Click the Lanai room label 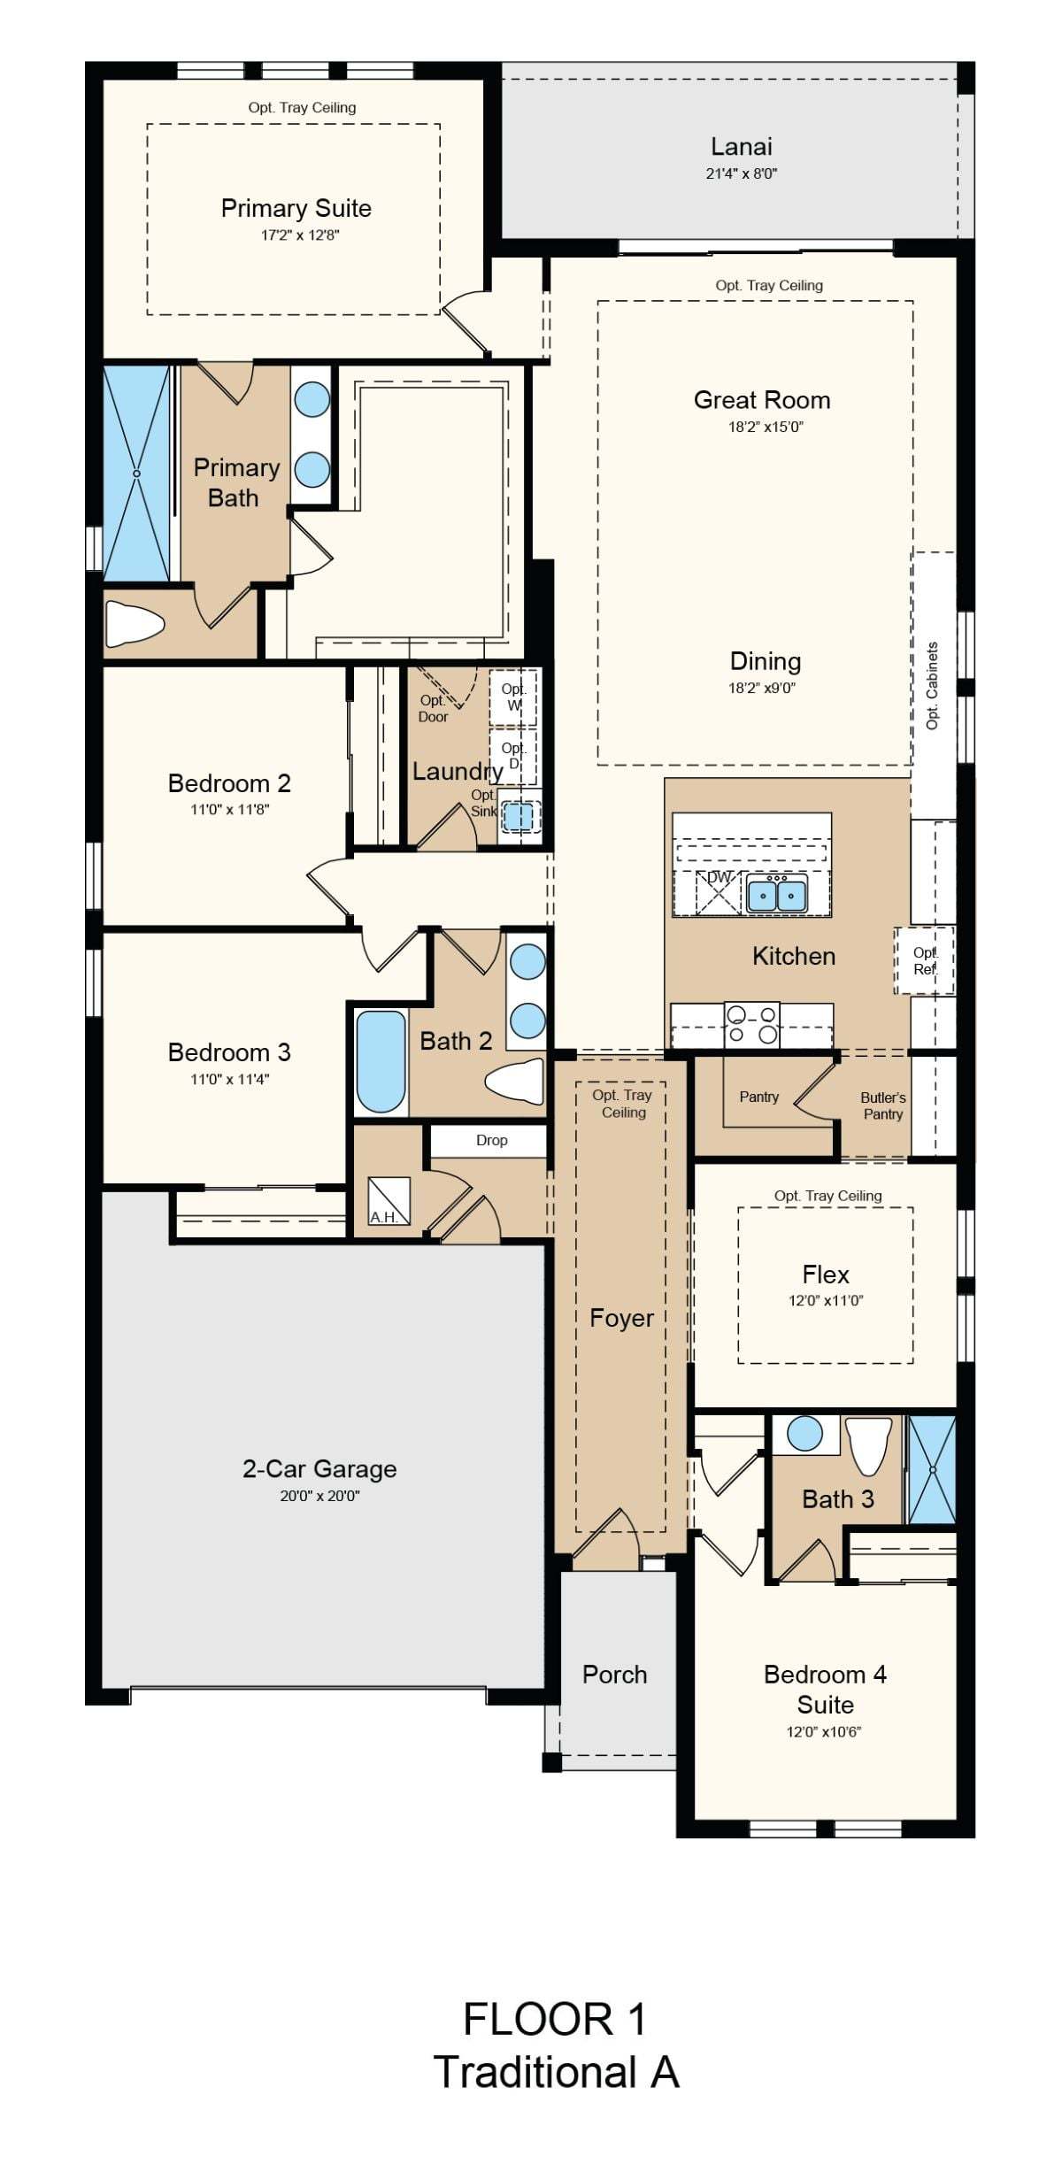pos(742,147)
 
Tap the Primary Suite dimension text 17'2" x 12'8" pos(300,235)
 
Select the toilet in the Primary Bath pos(135,623)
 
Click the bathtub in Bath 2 pos(381,1061)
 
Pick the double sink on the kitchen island pos(776,895)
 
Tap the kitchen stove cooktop pos(751,1025)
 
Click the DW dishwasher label pos(719,877)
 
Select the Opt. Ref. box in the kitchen pos(925,960)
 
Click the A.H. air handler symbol pos(389,1201)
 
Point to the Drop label pos(491,1140)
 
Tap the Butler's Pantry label pos(882,1105)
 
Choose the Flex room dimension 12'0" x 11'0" pos(826,1300)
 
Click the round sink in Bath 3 pos(804,1433)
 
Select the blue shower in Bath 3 pos(932,1470)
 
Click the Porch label pos(614,1675)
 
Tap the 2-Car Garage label pos(319,1468)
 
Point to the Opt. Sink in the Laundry pos(519,815)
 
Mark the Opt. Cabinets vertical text pos(931,686)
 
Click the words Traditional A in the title pos(556,2072)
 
